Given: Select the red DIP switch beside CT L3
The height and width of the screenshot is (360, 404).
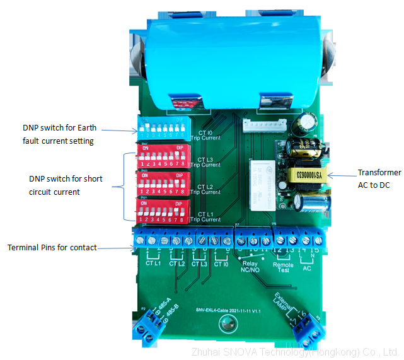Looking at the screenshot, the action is click(x=162, y=156).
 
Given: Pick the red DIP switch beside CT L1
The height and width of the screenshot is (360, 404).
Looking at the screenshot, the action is click(x=162, y=209).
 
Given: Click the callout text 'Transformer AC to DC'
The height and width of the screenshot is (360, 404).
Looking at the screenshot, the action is click(x=379, y=179).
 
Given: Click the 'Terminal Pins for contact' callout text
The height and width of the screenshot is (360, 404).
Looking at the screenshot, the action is click(x=52, y=247).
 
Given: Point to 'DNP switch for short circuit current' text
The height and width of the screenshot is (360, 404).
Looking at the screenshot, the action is click(x=66, y=185).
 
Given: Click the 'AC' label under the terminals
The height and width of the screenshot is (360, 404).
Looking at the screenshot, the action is click(x=307, y=267).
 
